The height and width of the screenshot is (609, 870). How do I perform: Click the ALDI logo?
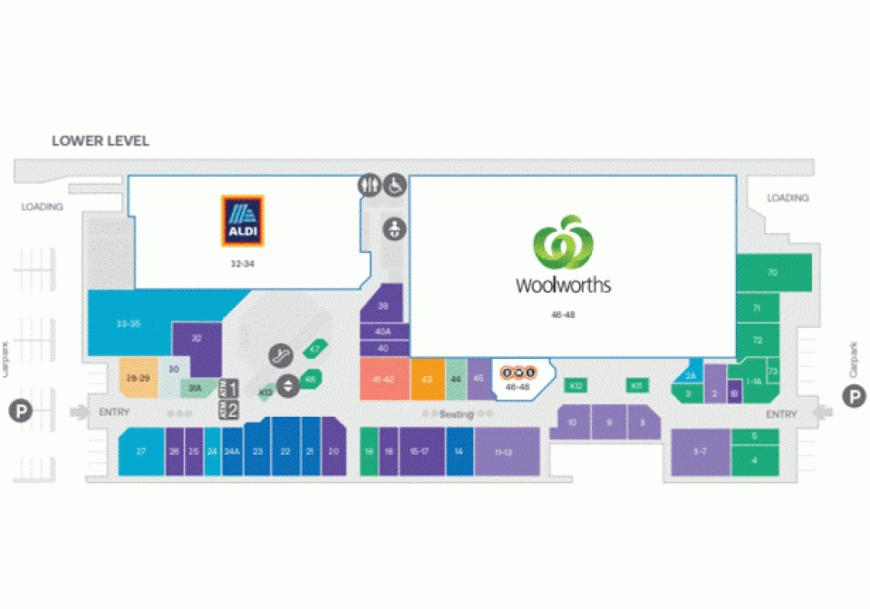pos(243,221)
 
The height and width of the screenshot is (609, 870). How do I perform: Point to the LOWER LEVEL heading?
pos(101,141)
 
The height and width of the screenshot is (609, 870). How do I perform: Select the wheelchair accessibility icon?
pos(395,185)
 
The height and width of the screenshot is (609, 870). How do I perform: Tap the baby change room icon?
pos(394,229)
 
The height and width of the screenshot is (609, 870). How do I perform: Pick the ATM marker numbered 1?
pos(229,389)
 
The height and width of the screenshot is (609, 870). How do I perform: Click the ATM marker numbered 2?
pos(229,410)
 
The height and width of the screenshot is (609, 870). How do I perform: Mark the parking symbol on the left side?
pos(21,413)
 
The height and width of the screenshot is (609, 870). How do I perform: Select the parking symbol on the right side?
pos(854,395)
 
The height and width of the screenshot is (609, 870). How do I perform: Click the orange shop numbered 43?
pos(427,379)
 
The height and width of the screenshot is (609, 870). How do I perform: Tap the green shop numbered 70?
pos(772,273)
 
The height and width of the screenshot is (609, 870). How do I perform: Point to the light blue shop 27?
pos(141,450)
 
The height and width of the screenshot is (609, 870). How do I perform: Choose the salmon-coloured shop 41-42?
pos(383,379)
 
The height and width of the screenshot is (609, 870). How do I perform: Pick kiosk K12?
pos(575,386)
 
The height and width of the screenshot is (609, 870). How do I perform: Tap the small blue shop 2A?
pos(690,374)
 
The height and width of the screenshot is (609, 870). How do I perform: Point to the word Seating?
pos(457,414)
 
